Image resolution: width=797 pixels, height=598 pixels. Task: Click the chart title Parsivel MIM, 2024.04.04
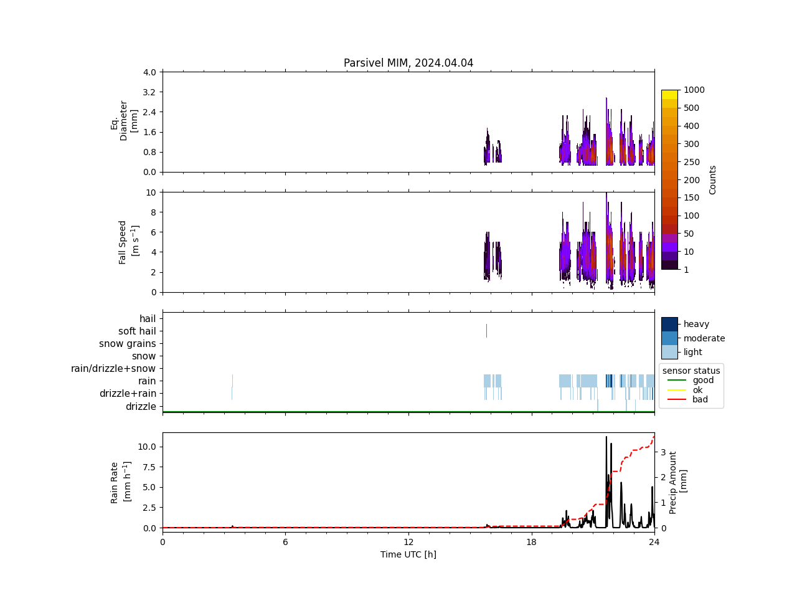tap(408, 63)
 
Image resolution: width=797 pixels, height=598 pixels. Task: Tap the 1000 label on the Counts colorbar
tap(694, 90)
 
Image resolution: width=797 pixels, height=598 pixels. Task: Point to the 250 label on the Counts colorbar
tap(691, 162)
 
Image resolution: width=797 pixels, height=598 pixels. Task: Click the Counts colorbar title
tap(713, 179)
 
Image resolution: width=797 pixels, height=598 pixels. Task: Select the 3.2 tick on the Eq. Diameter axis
tap(149, 92)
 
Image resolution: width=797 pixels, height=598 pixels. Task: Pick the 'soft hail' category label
tap(137, 331)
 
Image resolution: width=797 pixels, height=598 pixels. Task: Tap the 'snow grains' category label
tap(127, 344)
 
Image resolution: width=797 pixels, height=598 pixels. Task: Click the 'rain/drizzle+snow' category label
tap(113, 369)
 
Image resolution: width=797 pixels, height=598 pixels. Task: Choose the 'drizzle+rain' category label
tap(128, 394)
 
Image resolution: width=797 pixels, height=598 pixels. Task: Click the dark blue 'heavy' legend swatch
tap(669, 324)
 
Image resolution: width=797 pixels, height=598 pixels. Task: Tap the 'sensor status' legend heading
tap(691, 371)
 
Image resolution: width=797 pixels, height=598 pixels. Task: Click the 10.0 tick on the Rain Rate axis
tap(147, 447)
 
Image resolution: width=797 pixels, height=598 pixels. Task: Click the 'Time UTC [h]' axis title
tap(408, 554)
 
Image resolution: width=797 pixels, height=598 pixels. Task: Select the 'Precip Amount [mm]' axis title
tap(678, 482)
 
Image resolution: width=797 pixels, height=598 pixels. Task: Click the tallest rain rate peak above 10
tap(606, 437)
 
